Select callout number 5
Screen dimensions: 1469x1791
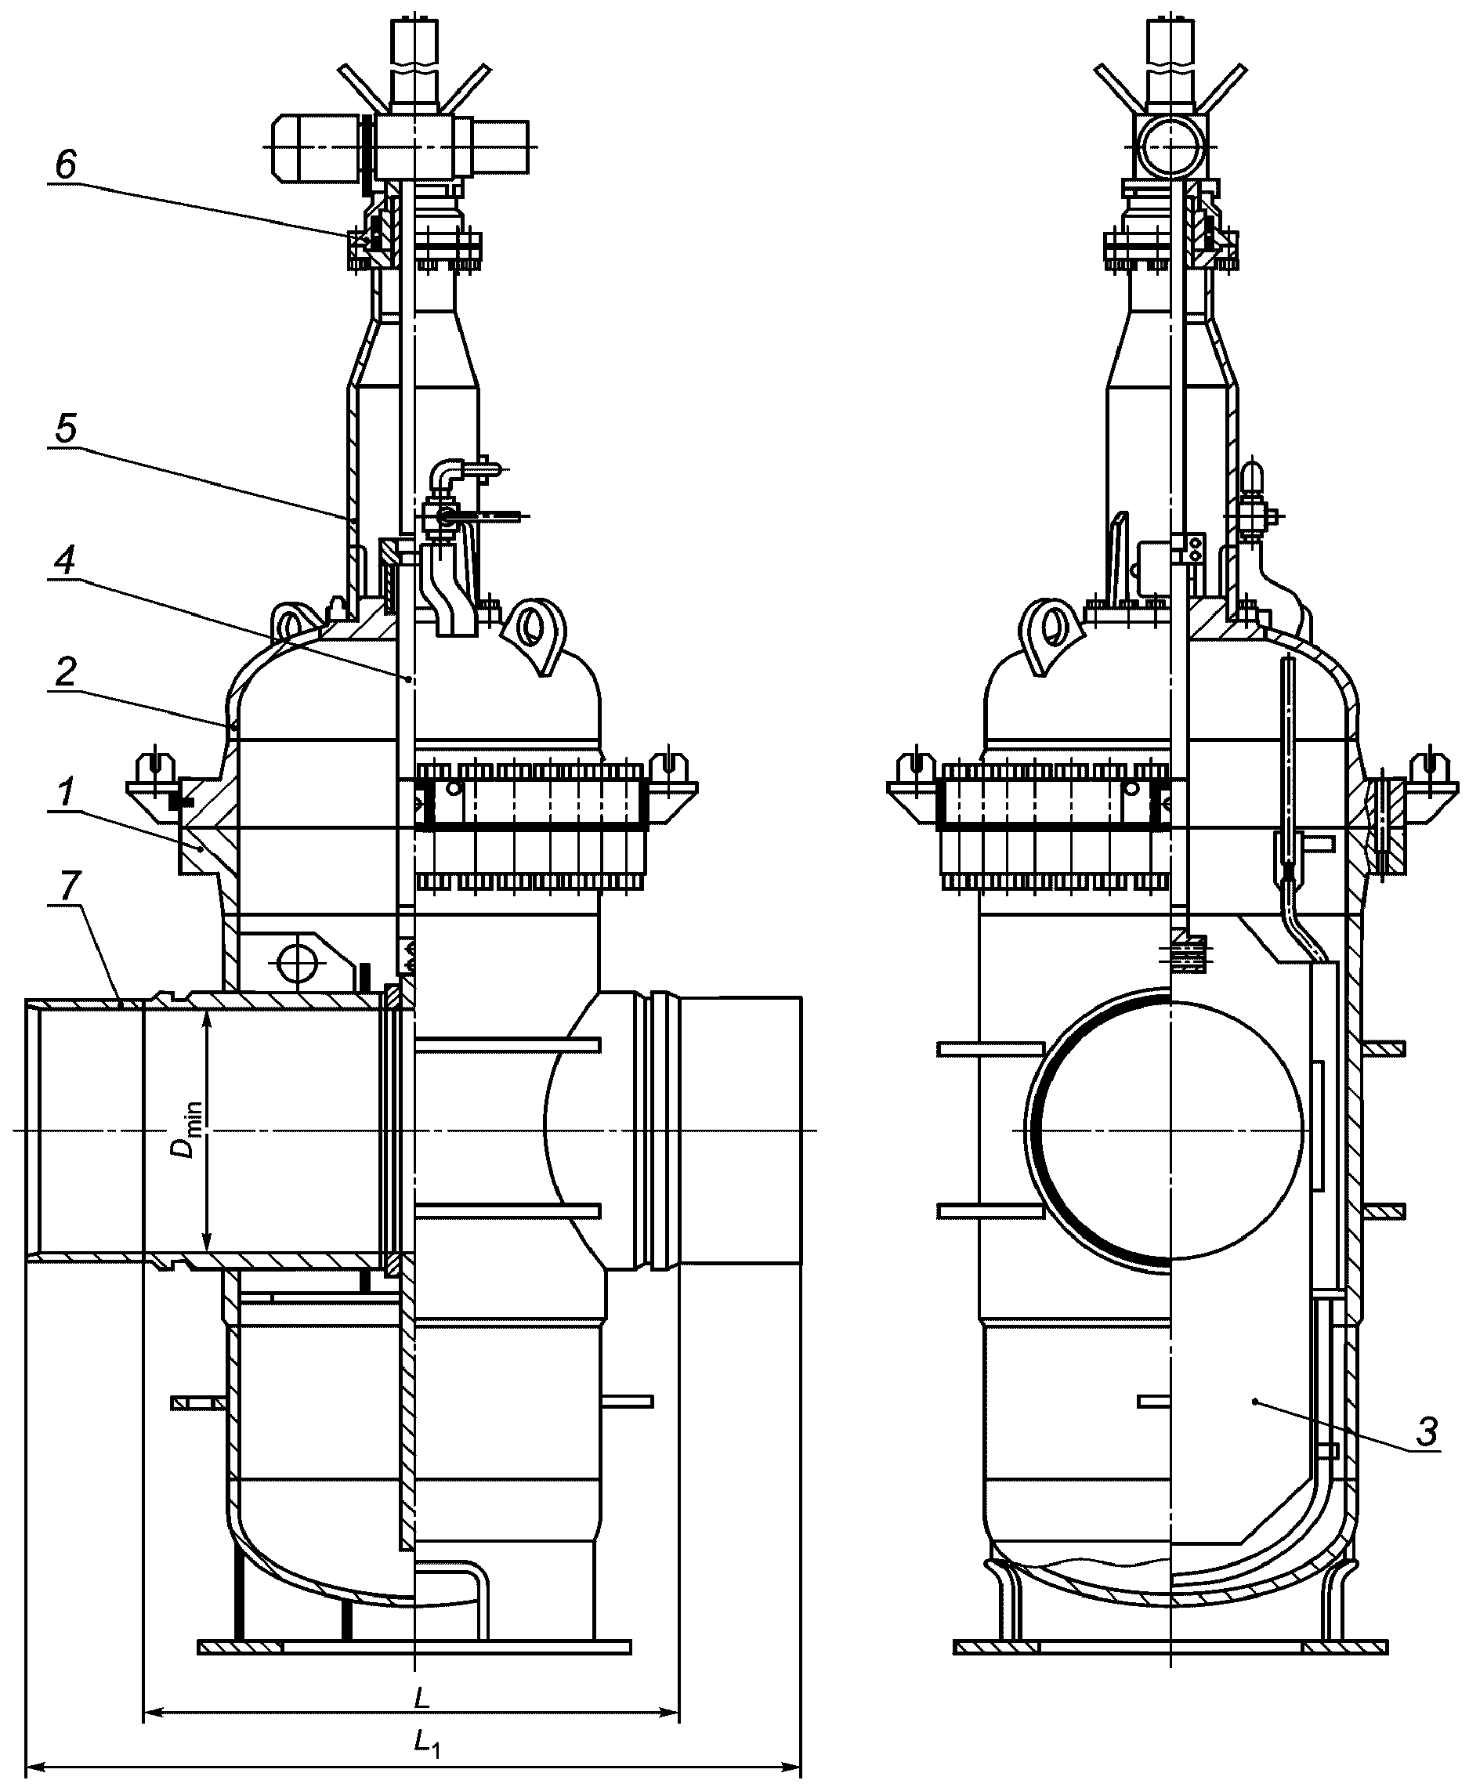click(66, 429)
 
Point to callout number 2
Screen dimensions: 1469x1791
click(66, 671)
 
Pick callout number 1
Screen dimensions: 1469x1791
click(66, 793)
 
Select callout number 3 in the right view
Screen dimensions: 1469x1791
click(1427, 1432)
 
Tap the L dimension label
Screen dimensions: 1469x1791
click(422, 1673)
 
